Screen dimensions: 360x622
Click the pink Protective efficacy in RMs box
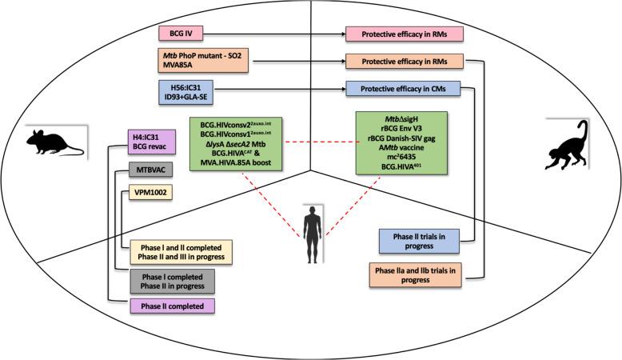tap(403, 35)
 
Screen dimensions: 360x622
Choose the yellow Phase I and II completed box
tap(182, 251)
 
